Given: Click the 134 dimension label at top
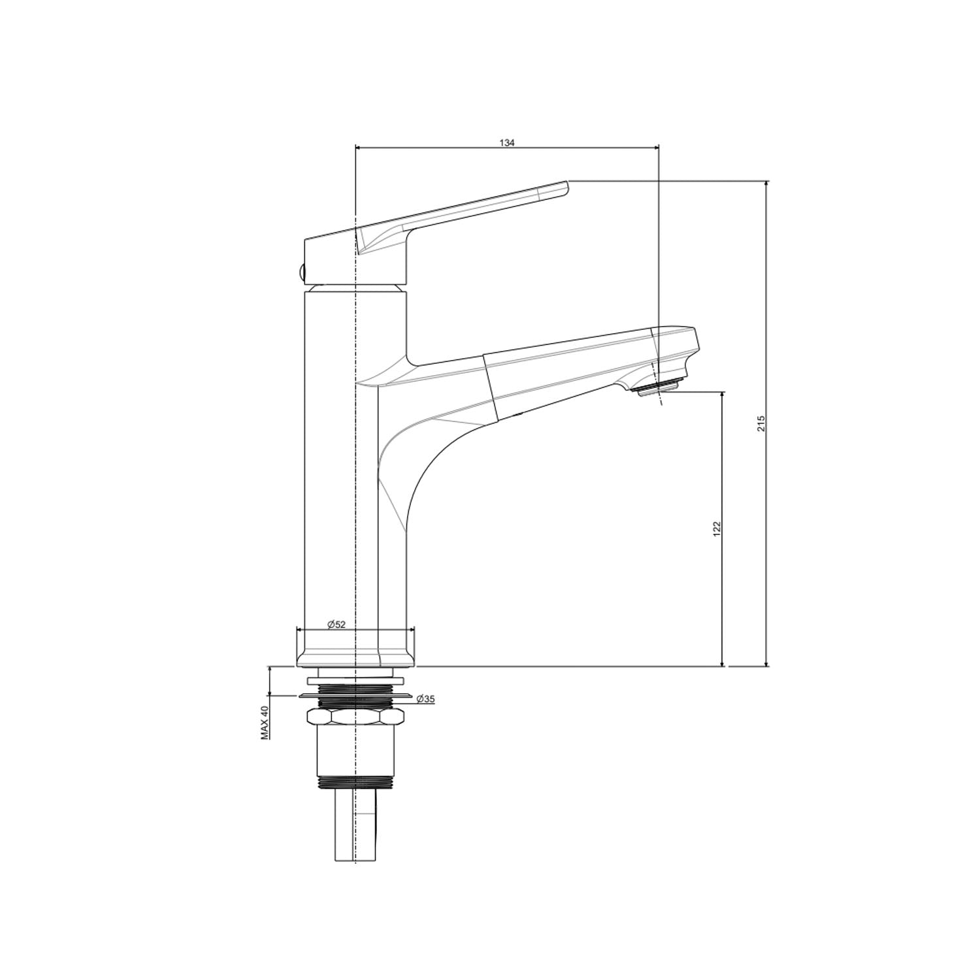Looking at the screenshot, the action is pos(508,142).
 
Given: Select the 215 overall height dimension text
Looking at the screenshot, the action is pos(760,423).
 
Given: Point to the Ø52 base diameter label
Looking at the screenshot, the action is pos(336,624).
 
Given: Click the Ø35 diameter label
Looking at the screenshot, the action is pos(425,699).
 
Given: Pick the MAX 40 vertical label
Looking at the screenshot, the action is pos(265,723).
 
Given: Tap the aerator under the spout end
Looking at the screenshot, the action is pos(655,387).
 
